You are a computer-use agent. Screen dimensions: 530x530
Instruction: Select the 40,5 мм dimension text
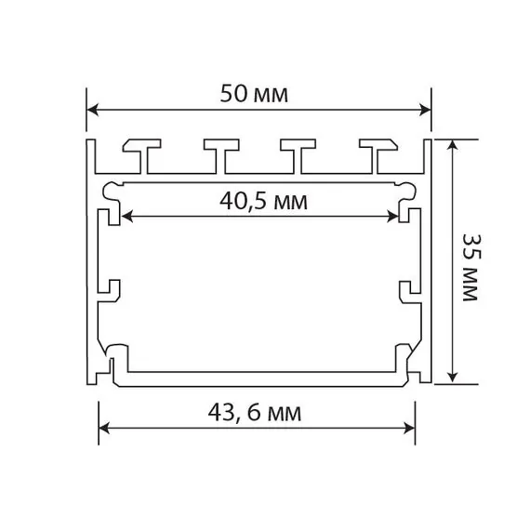pyautogui.click(x=263, y=200)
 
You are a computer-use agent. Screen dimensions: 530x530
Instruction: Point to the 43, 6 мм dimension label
pyautogui.click(x=257, y=410)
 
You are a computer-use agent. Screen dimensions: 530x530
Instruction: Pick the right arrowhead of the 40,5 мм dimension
pyautogui.click(x=393, y=216)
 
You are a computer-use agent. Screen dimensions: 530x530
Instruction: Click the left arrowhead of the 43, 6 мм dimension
pyautogui.click(x=105, y=429)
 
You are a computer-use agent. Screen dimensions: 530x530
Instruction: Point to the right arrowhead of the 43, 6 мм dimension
pyautogui.click(x=409, y=429)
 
